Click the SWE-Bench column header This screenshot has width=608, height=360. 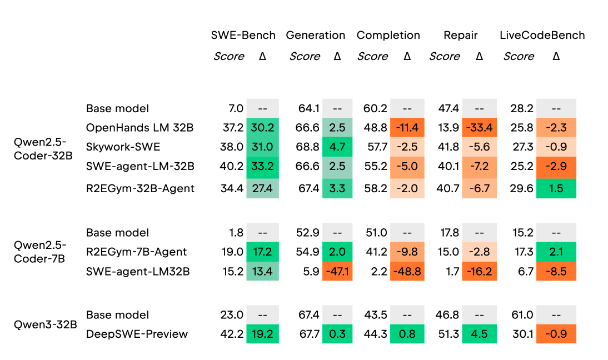(x=243, y=35)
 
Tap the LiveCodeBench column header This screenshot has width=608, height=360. (x=542, y=35)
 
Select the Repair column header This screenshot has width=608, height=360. (x=460, y=36)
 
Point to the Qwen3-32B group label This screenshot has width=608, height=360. (x=46, y=324)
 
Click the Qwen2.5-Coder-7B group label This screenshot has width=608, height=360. (x=40, y=252)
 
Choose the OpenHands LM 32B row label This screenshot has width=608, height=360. (x=139, y=127)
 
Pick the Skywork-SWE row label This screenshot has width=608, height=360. (x=123, y=147)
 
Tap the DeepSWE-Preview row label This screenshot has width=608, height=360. (x=137, y=334)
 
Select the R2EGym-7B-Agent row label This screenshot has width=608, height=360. (x=136, y=252)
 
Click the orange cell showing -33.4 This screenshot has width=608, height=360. (x=479, y=127)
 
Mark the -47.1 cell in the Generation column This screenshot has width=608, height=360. (x=337, y=271)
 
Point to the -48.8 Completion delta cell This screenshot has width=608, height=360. (x=407, y=271)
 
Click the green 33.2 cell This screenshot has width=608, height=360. (x=262, y=166)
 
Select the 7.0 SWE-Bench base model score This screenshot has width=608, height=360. (x=236, y=108)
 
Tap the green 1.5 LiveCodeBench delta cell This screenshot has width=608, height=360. (x=556, y=188)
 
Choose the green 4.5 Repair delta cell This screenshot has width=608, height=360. (x=479, y=334)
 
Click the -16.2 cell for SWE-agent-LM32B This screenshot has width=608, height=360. (x=479, y=271)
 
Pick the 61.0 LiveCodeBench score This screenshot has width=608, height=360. (x=522, y=314)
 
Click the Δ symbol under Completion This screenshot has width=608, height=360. (x=407, y=57)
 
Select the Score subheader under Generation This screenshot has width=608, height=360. (x=305, y=57)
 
